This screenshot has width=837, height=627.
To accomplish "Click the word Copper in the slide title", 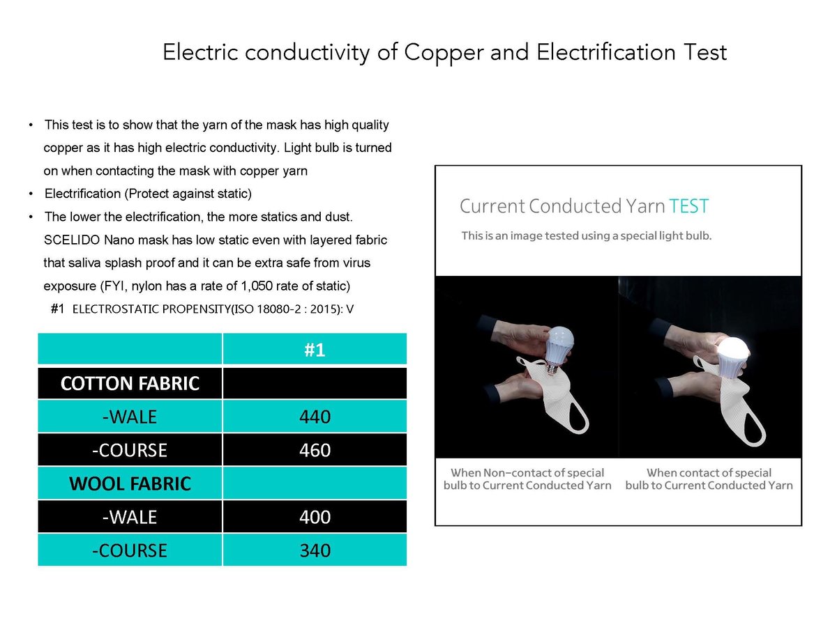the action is click(444, 53).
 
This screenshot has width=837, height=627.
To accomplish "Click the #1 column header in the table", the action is click(315, 350).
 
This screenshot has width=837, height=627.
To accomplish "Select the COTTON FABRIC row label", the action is click(130, 383).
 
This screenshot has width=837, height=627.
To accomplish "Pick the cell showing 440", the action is click(315, 417).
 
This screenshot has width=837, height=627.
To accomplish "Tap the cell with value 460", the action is click(315, 450).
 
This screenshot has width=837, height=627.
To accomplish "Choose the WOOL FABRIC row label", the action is click(130, 483).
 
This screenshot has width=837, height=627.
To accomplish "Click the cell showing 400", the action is click(315, 517).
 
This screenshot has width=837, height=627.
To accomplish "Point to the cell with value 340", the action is click(315, 550).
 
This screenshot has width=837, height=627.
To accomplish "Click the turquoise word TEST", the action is click(688, 206).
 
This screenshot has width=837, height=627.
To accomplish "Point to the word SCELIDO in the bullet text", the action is click(72, 240).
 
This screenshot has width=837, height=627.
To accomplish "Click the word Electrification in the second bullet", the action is click(83, 194).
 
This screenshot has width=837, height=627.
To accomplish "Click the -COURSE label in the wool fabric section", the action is click(130, 550).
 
